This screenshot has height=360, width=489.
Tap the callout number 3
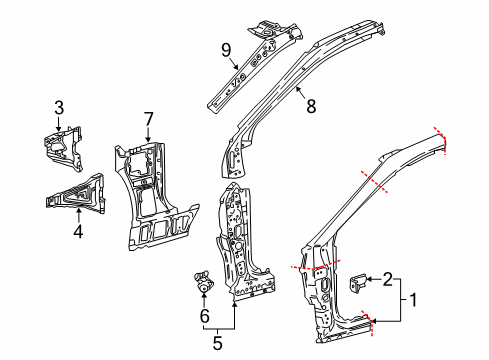pyautogui.click(x=58, y=107)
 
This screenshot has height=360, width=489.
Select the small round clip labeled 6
pyautogui.click(x=203, y=284)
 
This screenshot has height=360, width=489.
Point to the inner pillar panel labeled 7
pyautogui.click(x=150, y=205)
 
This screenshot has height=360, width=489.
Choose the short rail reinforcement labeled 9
pyautogui.click(x=245, y=65)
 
